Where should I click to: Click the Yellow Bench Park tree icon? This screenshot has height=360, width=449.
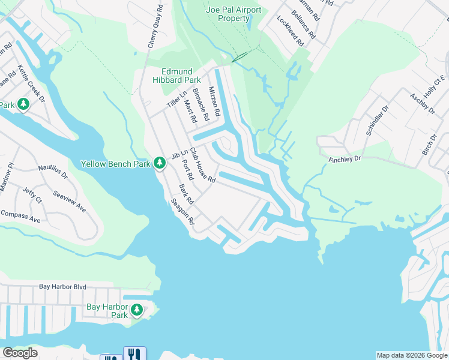tap(160, 163)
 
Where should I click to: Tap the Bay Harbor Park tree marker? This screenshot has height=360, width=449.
tap(137, 310)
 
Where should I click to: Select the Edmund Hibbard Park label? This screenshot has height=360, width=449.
tap(176, 75)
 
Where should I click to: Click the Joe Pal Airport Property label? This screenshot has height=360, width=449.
tap(234, 14)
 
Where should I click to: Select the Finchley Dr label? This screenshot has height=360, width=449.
tap(345, 159)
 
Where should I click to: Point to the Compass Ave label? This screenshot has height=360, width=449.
tap(20, 217)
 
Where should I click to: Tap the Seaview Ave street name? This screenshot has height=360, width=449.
tap(69, 201)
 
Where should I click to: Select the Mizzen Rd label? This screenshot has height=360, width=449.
tap(214, 100)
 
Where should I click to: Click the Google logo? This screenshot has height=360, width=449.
tap(20, 353)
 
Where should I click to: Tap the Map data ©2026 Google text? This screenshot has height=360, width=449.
tap(411, 355)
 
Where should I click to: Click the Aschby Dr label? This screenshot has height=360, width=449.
tap(422, 103)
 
